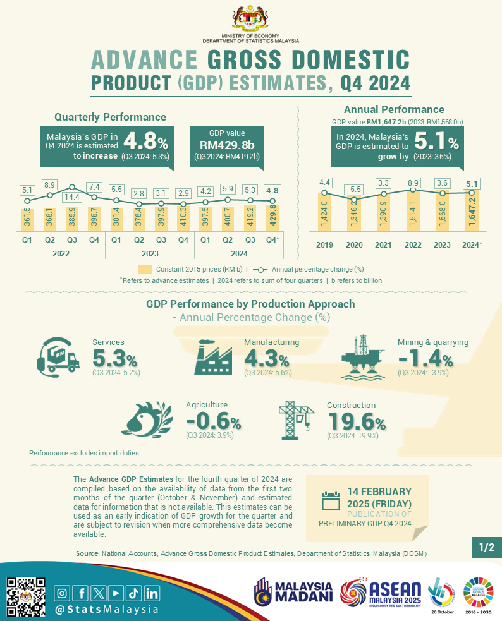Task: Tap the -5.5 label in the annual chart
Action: [354, 189]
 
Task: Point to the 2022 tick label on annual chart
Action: [413, 244]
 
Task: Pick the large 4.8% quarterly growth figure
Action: [146, 140]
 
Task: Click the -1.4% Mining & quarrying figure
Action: [425, 359]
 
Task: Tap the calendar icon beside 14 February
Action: [331, 500]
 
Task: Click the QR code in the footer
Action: [27, 597]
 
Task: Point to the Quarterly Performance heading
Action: [110, 117]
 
